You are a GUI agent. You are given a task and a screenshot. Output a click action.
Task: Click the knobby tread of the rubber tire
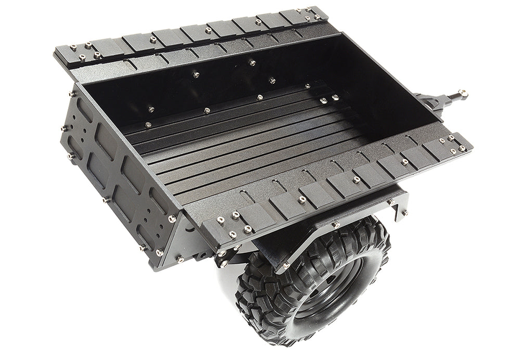tap(260, 302)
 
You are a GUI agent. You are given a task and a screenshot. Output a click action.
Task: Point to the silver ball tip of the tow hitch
tap(462, 94)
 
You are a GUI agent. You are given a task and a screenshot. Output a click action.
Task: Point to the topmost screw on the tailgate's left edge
tap(72, 94)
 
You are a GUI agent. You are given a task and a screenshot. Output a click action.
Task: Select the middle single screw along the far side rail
tap(208, 30)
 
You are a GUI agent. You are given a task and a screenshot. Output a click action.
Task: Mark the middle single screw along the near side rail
tap(356, 180)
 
